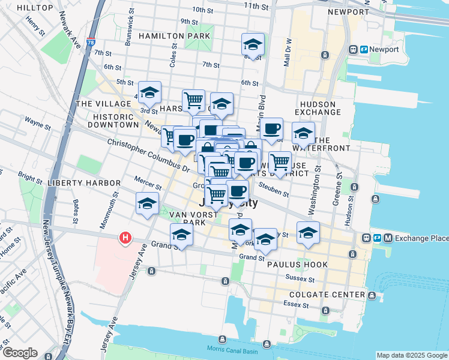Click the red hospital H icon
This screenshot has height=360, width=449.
tap(125, 238)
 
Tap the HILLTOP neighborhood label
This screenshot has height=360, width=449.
tap(35, 8)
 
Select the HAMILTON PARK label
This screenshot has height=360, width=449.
tap(174, 36)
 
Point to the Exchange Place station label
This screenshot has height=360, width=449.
tap(421, 238)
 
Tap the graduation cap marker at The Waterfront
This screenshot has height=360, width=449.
tap(303, 133)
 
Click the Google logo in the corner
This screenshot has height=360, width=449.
tap(19, 353)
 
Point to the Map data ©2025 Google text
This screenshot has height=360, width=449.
tap(412, 355)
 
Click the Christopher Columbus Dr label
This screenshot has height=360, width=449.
tap(148, 152)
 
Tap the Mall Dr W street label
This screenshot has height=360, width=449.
tap(289, 52)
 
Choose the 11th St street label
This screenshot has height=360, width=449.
tap(256, 5)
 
